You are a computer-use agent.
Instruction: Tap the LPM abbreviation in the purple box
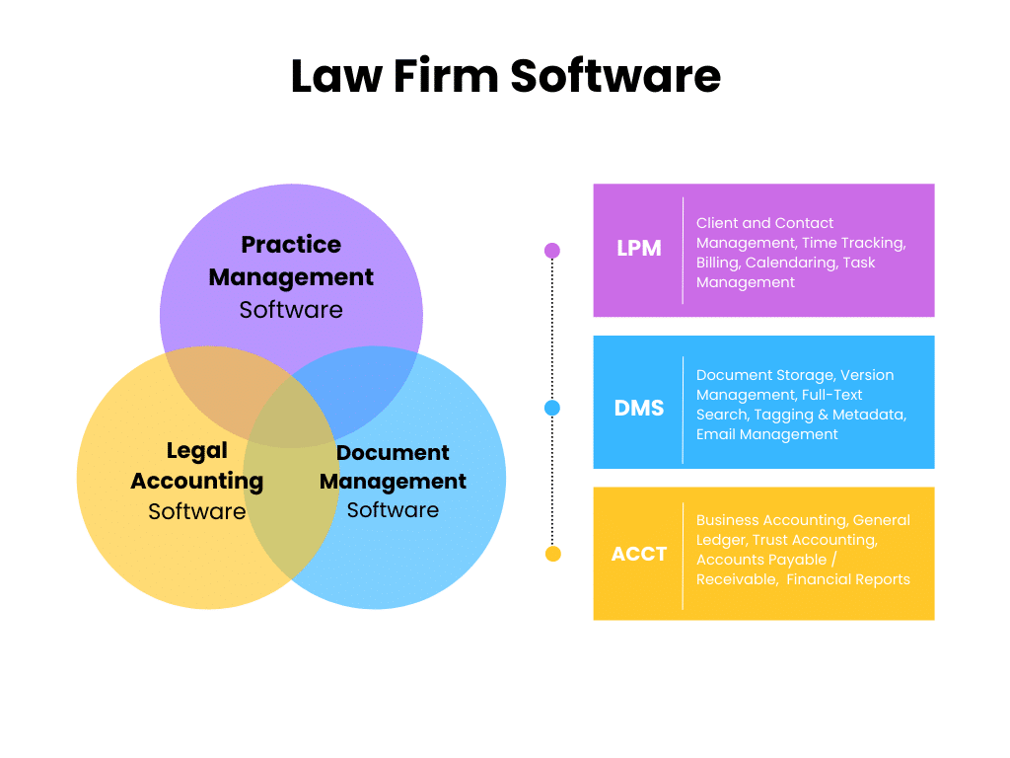[x=639, y=249]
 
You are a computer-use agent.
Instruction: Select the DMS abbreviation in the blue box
[x=639, y=408]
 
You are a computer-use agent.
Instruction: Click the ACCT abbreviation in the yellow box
[x=639, y=554]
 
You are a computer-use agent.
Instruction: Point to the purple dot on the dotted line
[x=552, y=251]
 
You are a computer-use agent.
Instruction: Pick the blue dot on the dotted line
[x=552, y=408]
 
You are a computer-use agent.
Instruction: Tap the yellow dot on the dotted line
[x=552, y=554]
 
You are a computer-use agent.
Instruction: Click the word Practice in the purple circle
[x=291, y=245]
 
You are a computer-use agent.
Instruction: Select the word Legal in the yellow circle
[x=196, y=451]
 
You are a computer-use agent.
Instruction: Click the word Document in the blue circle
[x=393, y=453]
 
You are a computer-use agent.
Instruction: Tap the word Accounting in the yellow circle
[x=196, y=482]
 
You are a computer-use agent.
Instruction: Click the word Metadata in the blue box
[x=868, y=415]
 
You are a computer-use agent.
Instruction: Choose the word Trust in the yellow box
[x=772, y=540]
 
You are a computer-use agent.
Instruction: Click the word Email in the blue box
[x=716, y=434]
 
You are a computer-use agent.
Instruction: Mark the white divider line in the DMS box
[x=683, y=410]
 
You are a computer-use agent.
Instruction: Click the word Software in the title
[x=615, y=76]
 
